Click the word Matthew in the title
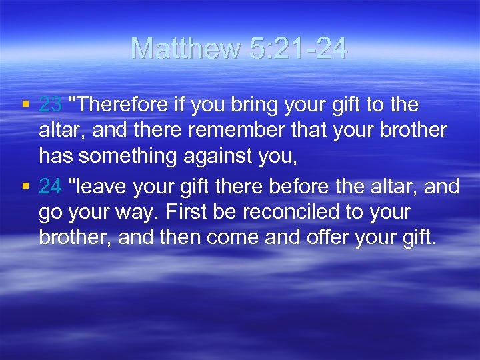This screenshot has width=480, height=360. [185, 48]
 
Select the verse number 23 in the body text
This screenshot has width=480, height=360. [51, 105]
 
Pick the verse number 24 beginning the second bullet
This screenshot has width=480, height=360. [51, 187]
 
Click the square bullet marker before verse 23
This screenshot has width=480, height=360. [25, 105]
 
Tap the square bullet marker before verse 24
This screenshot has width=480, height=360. [25, 187]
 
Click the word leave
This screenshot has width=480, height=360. [99, 187]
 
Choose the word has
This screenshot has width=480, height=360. [55, 155]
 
